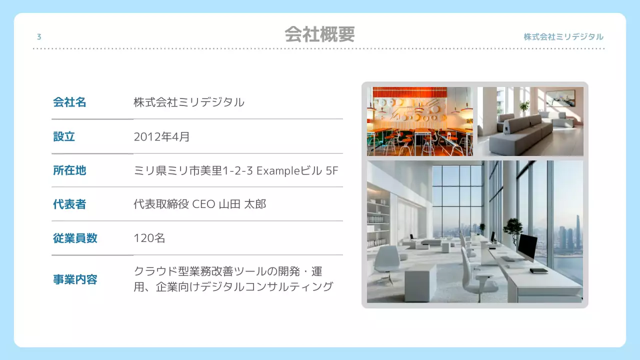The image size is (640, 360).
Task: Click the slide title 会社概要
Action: coord(319,34)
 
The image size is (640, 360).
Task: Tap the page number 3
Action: coord(39,37)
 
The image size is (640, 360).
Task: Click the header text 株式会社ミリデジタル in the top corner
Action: coord(563,37)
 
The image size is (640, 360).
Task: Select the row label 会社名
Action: coord(69,102)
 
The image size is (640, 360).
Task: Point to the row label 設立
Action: coord(64,136)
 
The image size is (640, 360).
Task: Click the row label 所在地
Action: coord(69,170)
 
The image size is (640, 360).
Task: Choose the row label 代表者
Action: coord(69,204)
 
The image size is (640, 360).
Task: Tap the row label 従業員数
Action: coord(75,238)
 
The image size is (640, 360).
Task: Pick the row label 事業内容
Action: coord(75,279)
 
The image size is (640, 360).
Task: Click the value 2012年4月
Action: coord(161,136)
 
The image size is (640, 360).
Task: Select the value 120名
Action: coord(149,238)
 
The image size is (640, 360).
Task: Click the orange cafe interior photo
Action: coord(419,121)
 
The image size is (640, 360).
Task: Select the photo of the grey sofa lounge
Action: coord(530,121)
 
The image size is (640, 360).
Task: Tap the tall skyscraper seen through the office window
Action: coord(578,231)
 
